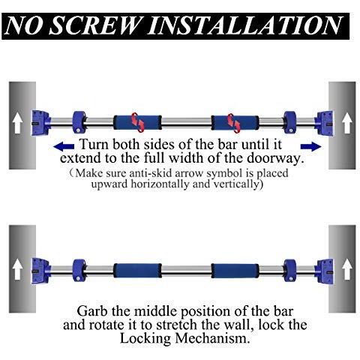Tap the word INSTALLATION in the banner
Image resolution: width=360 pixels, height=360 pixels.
coord(244,25)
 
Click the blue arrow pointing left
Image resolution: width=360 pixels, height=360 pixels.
coord(64,146)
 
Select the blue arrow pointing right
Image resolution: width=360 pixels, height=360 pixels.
coord(310,147)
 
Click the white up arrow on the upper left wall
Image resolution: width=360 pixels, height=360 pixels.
coord(17,123)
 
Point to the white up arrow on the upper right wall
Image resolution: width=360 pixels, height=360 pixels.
coord(347,123)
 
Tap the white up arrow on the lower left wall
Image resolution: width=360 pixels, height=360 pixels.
coord(17,269)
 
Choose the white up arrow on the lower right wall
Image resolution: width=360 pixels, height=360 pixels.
coord(347,269)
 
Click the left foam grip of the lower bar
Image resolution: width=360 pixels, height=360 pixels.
coord(137,271)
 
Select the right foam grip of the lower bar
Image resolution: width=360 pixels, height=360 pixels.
coord(235,271)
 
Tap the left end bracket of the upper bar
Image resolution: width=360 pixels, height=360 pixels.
coord(40,123)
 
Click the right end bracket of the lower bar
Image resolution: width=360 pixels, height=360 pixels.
coord(324,271)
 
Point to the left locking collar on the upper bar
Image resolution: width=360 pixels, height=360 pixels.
coord(79,122)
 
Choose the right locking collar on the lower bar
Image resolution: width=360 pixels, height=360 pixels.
coord(290,271)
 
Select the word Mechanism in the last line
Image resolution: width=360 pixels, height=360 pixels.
coord(212,338)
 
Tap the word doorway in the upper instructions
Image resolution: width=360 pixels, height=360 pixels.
coord(276,158)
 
